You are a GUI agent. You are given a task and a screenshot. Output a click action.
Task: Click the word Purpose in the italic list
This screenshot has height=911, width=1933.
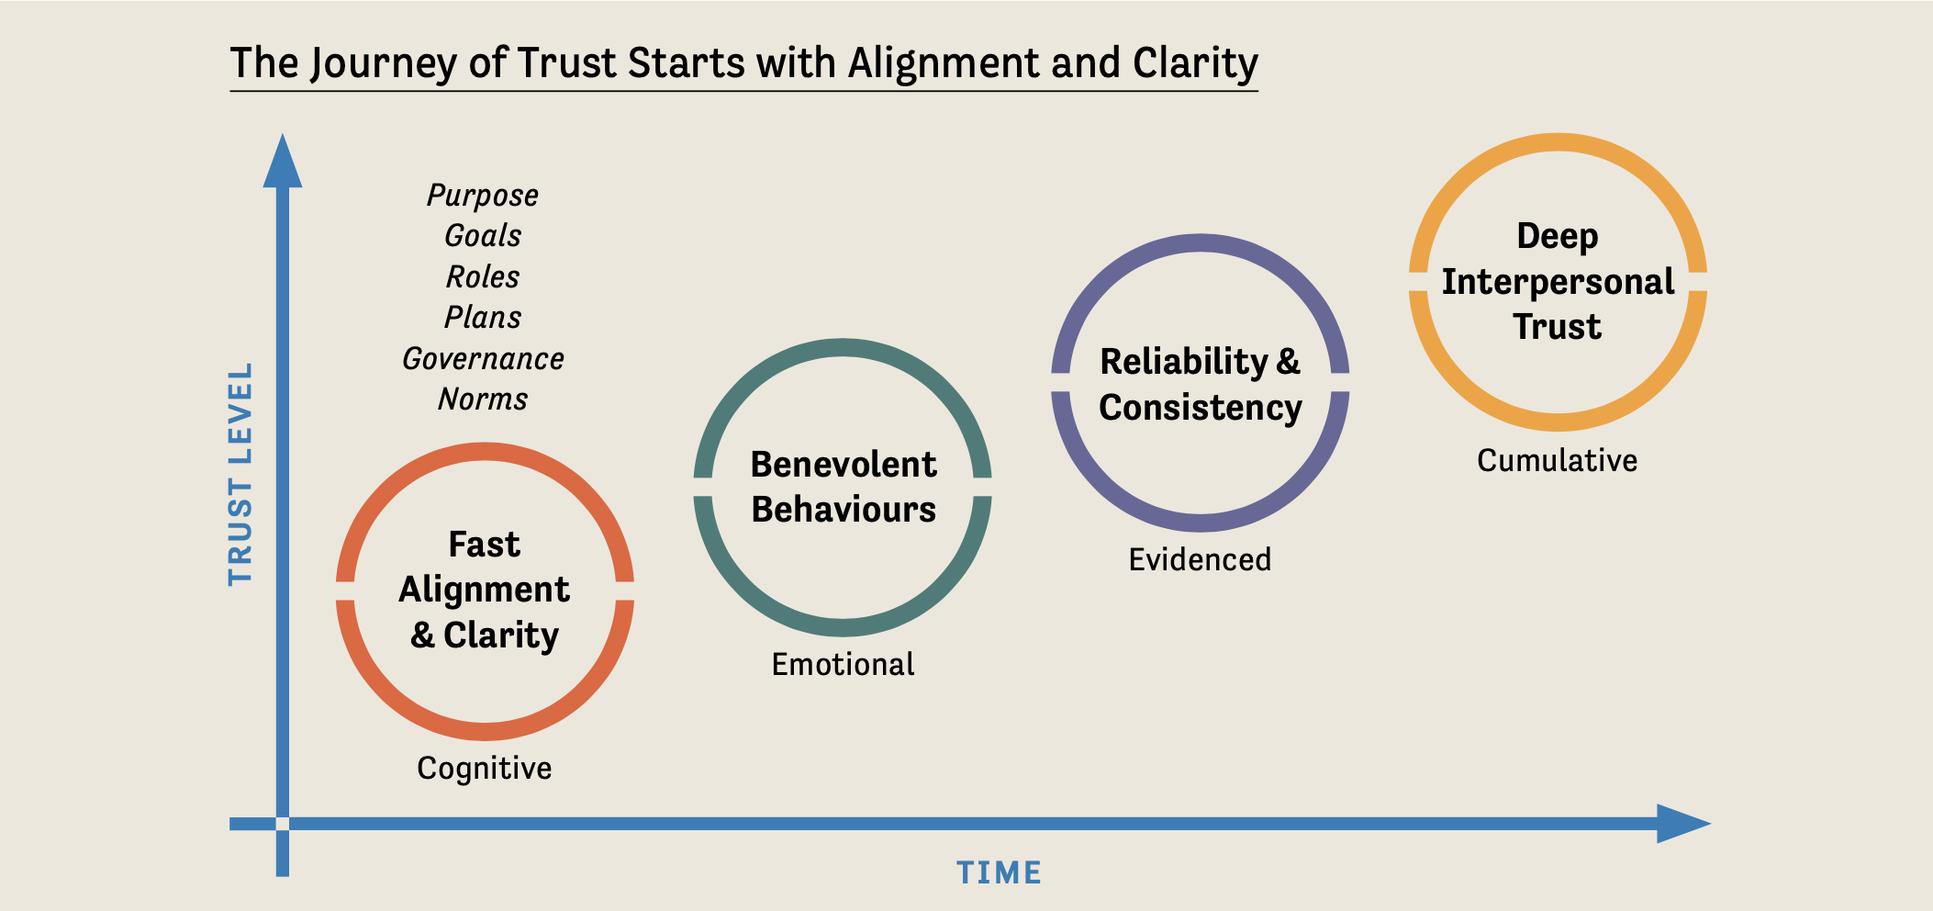coord(483,196)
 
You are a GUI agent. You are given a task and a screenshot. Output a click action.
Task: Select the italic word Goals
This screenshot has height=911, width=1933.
coord(483,236)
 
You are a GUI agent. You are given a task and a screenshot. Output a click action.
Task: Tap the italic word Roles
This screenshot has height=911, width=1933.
coord(483,276)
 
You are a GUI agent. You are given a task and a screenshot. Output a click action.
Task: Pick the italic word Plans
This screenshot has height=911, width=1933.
coord(483,318)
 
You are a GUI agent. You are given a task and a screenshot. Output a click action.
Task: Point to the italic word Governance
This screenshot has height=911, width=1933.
coord(483,358)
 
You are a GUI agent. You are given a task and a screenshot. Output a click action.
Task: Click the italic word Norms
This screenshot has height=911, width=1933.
coord(483,399)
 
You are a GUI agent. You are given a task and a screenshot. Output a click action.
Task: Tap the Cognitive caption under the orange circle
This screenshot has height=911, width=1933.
coord(485,769)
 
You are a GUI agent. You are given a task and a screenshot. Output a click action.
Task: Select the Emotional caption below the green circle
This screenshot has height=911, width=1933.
coord(843,664)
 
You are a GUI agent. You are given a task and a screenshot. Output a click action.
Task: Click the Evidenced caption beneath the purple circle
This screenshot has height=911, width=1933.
coord(1200,559)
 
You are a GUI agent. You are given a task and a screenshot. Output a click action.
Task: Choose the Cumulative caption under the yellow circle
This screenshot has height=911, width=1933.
coord(1557,460)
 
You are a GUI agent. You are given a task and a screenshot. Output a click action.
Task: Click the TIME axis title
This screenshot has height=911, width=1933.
coord(999,872)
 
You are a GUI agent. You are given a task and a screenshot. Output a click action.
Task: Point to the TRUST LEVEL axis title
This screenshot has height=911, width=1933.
coord(240,474)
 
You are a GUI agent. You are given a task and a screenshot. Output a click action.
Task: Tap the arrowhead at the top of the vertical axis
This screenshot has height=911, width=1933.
coord(283,163)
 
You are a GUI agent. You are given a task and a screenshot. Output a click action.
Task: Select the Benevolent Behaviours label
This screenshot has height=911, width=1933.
coord(843,487)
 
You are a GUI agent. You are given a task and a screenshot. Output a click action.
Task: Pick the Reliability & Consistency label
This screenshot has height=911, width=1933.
coord(1200,384)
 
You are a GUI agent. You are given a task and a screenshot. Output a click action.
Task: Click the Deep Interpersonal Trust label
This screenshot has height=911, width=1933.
coord(1557,281)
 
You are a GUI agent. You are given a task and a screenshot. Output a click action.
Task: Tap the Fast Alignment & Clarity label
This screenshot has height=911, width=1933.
coord(485,590)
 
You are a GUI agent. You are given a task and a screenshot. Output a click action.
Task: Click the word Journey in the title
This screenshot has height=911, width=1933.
coord(383,64)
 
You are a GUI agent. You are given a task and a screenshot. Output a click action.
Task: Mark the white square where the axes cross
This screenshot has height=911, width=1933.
coord(283,824)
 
